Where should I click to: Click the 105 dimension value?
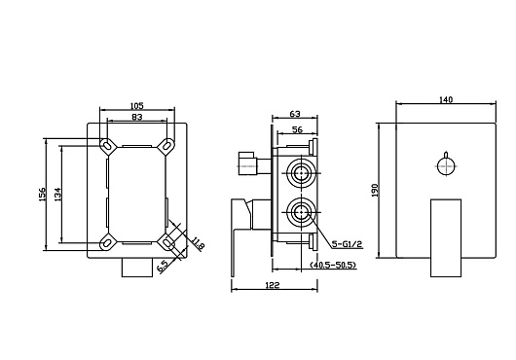tap(137, 105)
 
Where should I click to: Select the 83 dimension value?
tap(137, 117)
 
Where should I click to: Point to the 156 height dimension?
tap(43, 195)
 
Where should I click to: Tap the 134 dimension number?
tap(57, 195)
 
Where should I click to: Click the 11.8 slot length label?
tap(198, 244)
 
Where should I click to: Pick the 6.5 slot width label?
tap(163, 266)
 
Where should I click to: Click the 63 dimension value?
tap(295, 114)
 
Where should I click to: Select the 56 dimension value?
tap(297, 129)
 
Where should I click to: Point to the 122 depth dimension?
tap(273, 285)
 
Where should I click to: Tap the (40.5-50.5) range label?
tap(333, 265)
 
